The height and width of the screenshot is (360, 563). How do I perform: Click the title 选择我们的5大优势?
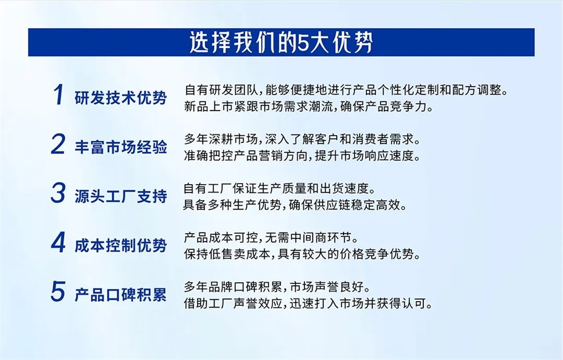[281, 43]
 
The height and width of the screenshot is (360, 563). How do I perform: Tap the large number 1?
[58, 95]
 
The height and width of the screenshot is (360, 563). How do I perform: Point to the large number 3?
[58, 194]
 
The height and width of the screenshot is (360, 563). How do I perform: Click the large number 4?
[58, 243]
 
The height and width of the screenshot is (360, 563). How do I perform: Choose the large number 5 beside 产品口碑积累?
[58, 292]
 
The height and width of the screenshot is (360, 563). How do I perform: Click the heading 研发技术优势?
[120, 97]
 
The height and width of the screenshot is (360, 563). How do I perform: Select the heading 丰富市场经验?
[120, 147]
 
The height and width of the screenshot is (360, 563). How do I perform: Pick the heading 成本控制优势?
[120, 245]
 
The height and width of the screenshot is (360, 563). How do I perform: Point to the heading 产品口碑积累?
[120, 294]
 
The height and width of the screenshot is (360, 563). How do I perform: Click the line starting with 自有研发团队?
[346, 90]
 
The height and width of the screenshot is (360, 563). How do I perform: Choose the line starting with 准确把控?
[302, 155]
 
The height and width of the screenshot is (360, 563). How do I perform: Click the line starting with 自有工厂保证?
[279, 187]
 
